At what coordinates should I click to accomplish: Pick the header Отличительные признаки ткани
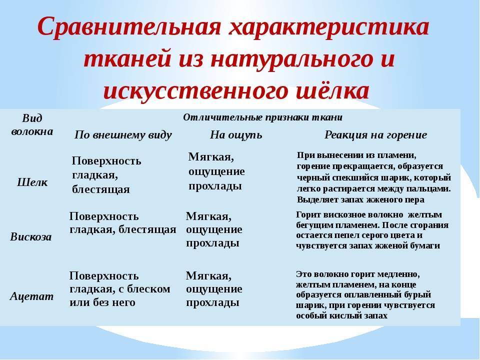[x=262, y=117]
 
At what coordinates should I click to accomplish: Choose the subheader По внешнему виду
[x=123, y=135]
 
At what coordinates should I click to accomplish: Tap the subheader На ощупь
[x=236, y=135]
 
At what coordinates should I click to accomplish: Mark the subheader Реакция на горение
[x=375, y=135]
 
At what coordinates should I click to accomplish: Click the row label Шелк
[x=32, y=182]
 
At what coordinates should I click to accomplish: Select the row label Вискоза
[x=31, y=236]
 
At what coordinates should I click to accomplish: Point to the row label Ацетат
[x=31, y=296]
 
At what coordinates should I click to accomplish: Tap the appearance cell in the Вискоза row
[x=122, y=223]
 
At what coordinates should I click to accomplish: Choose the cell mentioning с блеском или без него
[x=120, y=289]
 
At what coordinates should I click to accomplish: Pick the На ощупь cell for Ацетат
[x=214, y=289]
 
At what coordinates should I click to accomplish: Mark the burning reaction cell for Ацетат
[x=365, y=295]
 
